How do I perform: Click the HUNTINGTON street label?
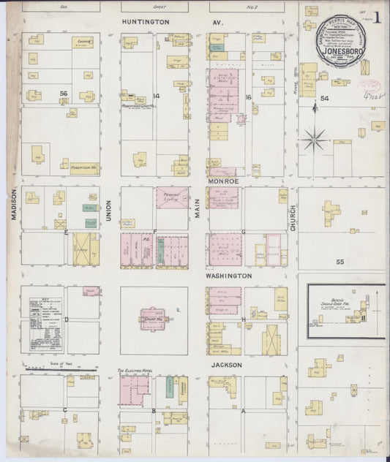[146, 23]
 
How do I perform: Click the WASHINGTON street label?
[228, 276]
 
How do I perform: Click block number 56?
[64, 94]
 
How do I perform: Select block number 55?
[339, 261]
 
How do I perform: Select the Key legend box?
[44, 325]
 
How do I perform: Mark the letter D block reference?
[67, 319]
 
